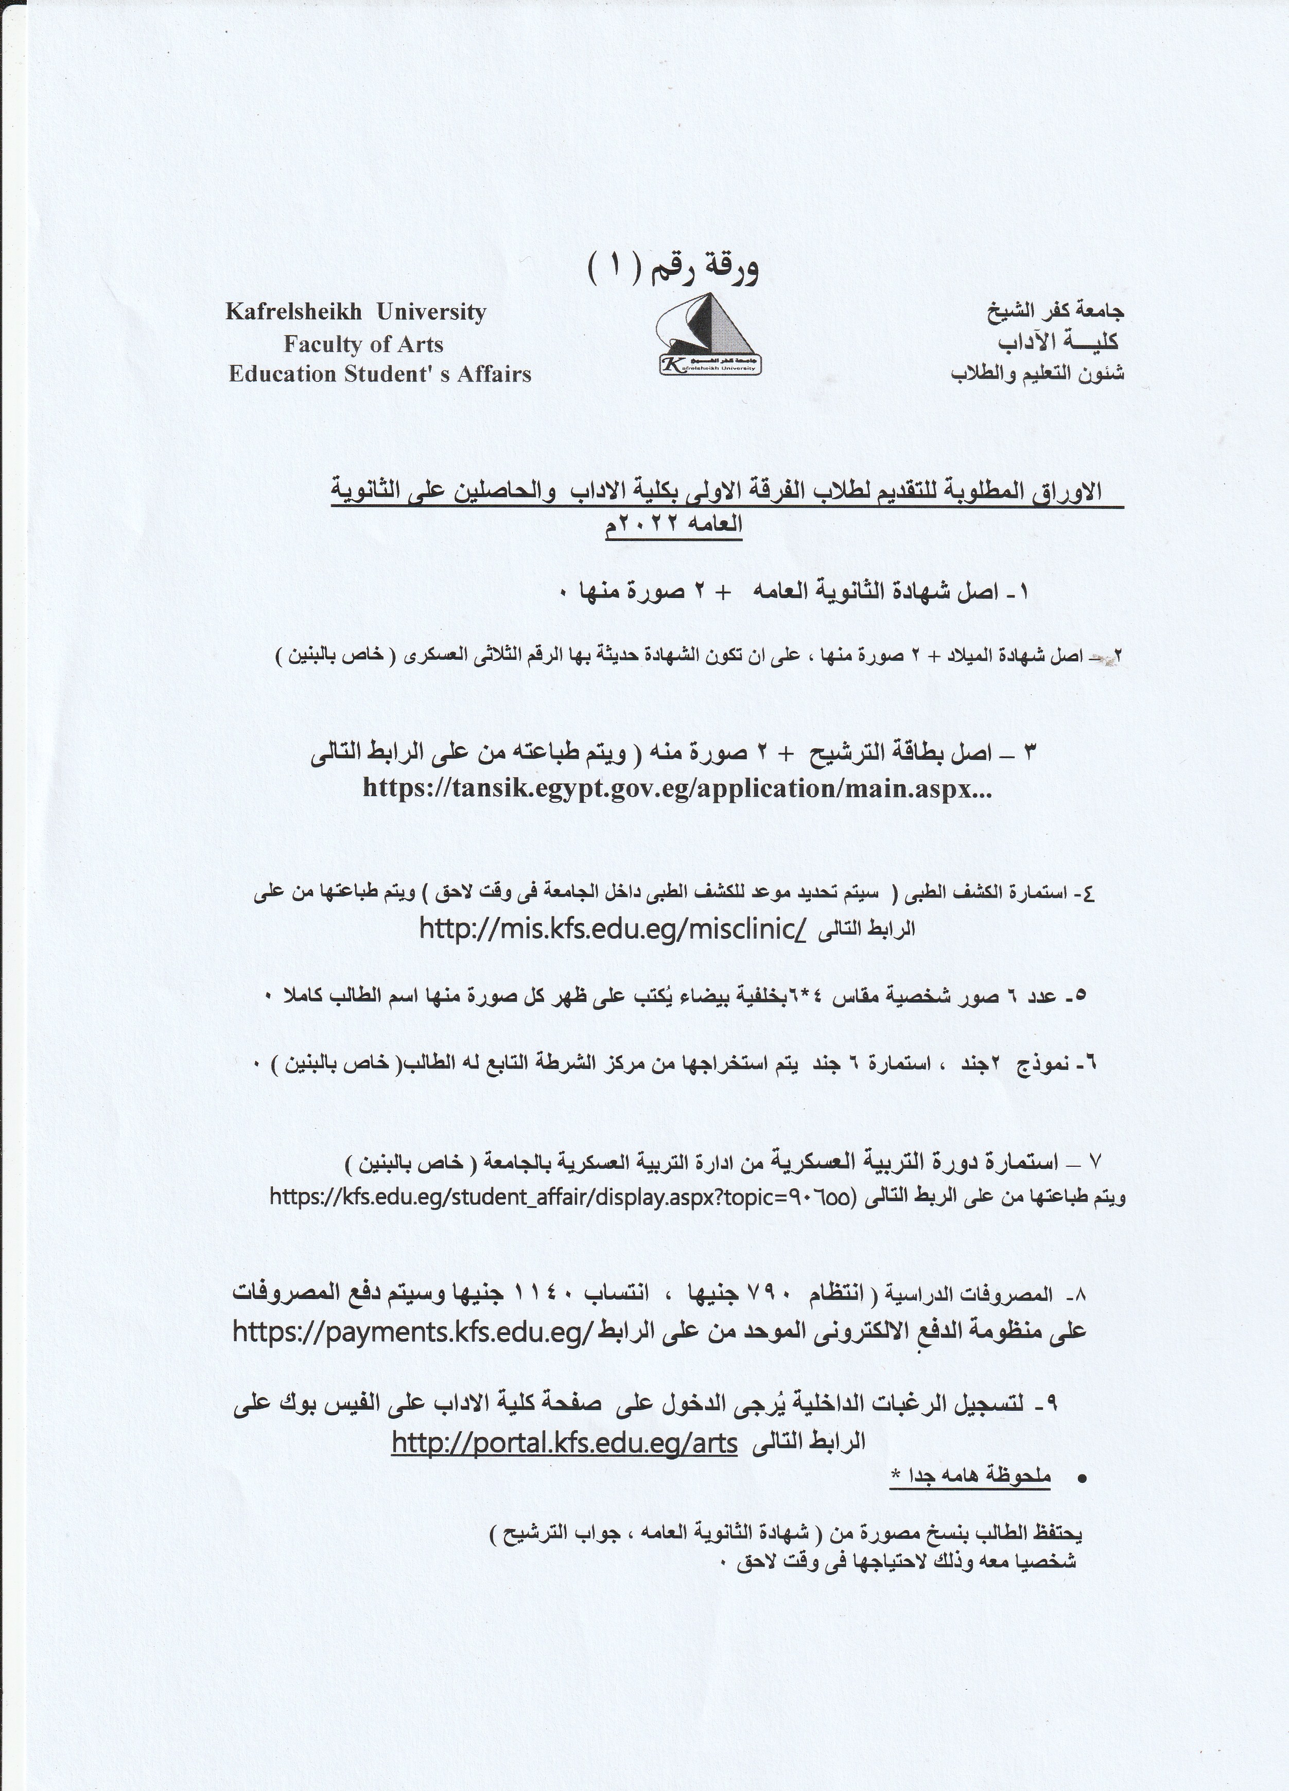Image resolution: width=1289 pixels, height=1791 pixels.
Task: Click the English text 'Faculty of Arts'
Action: [363, 344]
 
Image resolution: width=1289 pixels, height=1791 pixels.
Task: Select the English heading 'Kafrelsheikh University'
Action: [355, 312]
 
